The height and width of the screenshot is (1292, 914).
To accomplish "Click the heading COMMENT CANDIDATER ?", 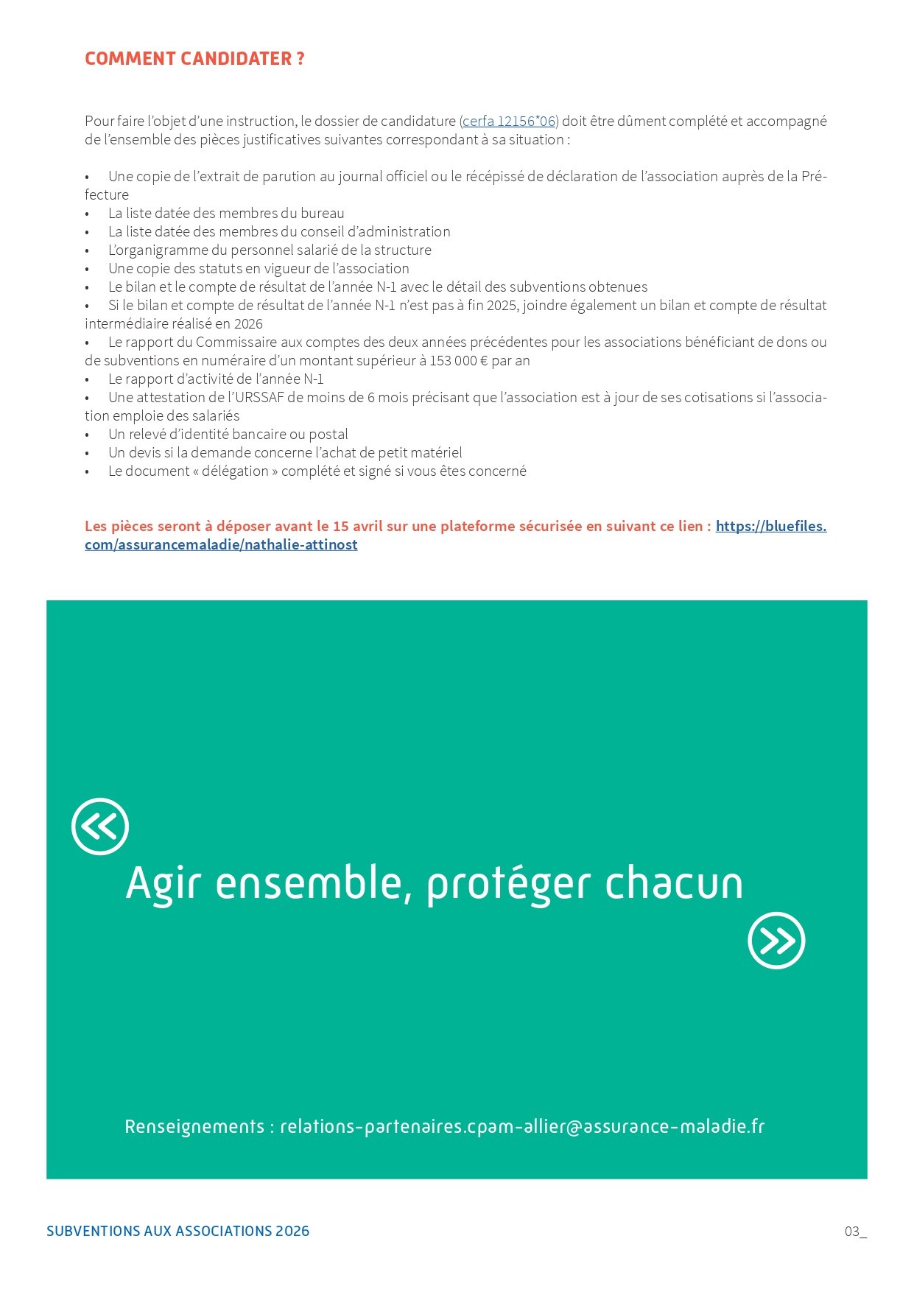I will (194, 59).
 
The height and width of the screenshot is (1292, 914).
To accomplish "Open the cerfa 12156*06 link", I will (509, 122).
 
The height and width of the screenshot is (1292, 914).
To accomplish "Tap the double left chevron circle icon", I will (100, 826).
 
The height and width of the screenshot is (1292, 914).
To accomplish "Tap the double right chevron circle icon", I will (776, 941).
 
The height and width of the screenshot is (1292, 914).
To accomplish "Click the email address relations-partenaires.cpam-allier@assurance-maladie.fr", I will (522, 1127).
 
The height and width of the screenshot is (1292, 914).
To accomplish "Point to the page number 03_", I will (855, 1232).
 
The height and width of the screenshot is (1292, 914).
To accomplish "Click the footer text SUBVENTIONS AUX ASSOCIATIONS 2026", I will (177, 1232).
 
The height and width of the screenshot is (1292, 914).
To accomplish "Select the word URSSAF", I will (262, 398).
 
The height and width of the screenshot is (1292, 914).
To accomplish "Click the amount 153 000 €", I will (459, 361).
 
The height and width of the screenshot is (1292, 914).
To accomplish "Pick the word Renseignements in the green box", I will (194, 1127).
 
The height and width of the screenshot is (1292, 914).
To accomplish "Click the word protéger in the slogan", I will (508, 884).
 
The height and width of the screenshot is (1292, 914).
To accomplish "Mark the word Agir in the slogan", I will (163, 884).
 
